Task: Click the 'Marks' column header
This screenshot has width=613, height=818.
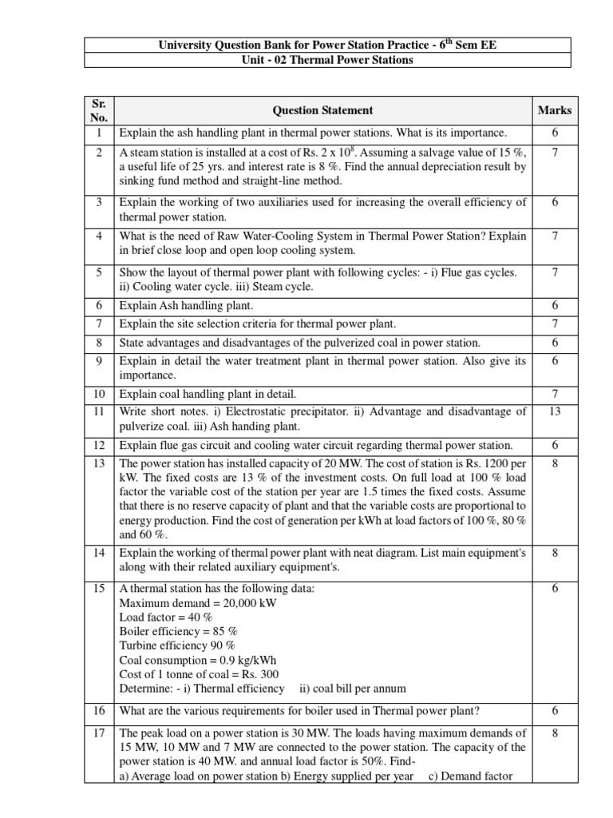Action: click(x=554, y=111)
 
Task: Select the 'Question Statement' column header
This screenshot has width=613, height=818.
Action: click(x=322, y=111)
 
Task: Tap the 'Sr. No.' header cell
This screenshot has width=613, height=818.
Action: click(x=100, y=111)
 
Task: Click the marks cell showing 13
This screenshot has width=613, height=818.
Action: click(x=554, y=412)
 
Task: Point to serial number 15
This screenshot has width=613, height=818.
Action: click(x=100, y=589)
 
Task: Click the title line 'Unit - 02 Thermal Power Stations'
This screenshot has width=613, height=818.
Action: click(x=327, y=61)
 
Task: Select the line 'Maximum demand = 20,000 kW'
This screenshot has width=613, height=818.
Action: click(x=197, y=603)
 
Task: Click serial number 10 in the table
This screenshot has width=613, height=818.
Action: click(x=100, y=395)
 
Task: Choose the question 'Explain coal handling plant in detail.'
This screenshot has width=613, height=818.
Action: click(x=208, y=395)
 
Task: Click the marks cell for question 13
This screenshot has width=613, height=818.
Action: click(x=554, y=463)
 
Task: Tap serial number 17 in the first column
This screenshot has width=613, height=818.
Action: click(x=100, y=733)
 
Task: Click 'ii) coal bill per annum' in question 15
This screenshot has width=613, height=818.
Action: click(x=352, y=689)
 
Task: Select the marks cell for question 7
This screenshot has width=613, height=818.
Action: click(x=554, y=324)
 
